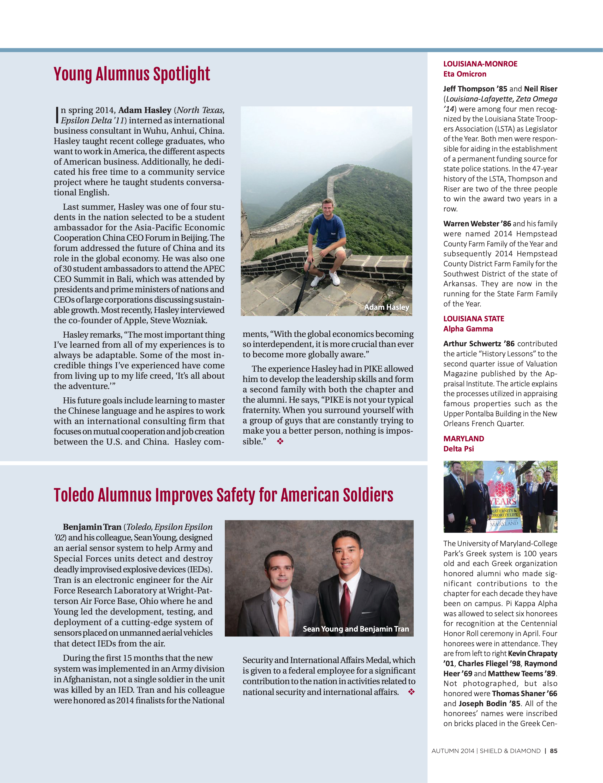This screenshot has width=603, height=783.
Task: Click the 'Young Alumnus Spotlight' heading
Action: [131, 74]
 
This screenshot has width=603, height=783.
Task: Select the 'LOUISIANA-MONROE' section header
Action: [480, 64]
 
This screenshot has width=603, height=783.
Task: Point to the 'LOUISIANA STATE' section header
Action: [474, 319]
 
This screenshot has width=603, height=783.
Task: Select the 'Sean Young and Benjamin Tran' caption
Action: [356, 629]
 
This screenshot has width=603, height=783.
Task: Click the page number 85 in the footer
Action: [554, 751]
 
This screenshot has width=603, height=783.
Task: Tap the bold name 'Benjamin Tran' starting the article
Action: [92, 527]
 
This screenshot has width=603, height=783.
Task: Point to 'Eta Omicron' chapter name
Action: [465, 74]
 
